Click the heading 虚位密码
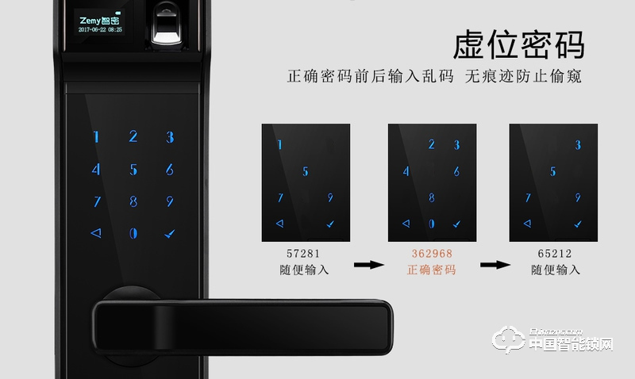pos(519,45)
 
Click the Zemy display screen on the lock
pos(99,23)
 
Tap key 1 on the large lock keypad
pos(97,137)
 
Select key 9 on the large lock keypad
pos(169,201)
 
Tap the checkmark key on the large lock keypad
pos(169,233)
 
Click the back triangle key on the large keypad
pos(96,233)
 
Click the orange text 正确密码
pos(432,270)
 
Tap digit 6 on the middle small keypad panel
pos(456,171)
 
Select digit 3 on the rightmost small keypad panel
pos(578,145)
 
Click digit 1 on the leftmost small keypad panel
pos(279,145)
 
